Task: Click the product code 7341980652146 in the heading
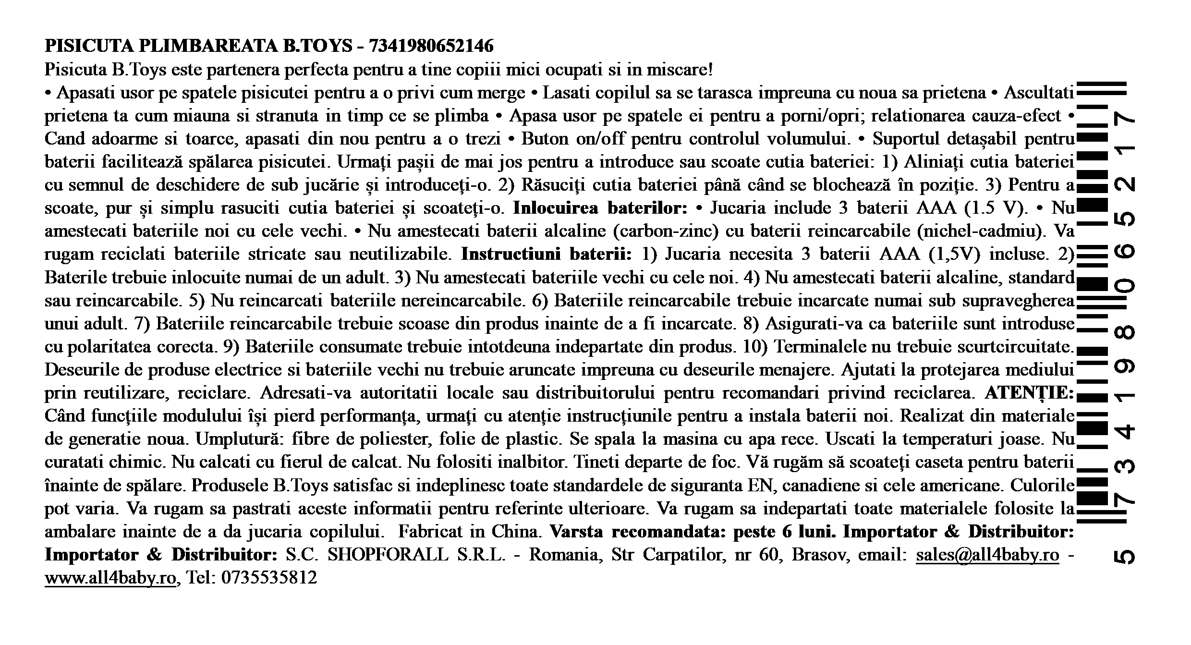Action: (x=431, y=46)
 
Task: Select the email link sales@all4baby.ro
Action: (x=987, y=555)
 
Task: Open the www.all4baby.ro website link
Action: (x=110, y=578)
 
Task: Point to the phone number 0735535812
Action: (x=269, y=578)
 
